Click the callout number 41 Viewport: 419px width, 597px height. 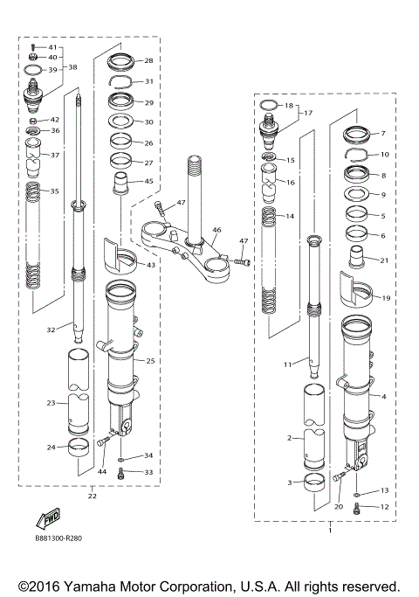tap(52, 46)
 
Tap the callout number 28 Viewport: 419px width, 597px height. tap(148, 61)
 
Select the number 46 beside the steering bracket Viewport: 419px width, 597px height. tap(217, 232)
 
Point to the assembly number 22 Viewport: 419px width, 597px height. tap(92, 496)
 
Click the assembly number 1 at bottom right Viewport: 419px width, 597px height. tap(329, 531)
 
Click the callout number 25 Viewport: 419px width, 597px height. tap(150, 360)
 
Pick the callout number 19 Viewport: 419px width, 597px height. tap(386, 298)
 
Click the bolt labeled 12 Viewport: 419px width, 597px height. tap(357, 508)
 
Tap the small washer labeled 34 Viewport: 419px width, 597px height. tap(121, 457)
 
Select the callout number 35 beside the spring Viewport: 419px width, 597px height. tap(54, 191)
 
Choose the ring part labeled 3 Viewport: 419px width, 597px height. tap(313, 481)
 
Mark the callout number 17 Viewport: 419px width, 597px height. tap(306, 113)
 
